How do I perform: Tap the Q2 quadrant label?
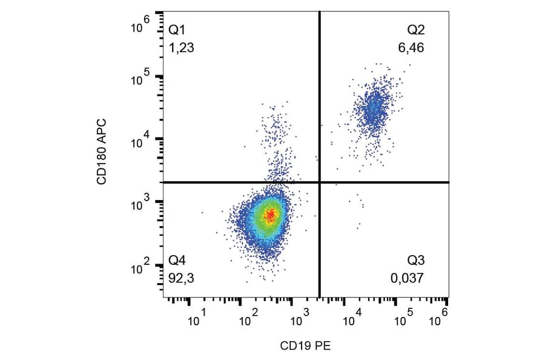click(415, 30)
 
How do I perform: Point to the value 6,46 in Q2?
click(411, 47)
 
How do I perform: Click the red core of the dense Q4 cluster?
click(270, 214)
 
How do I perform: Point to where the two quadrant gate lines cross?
click(319, 182)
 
